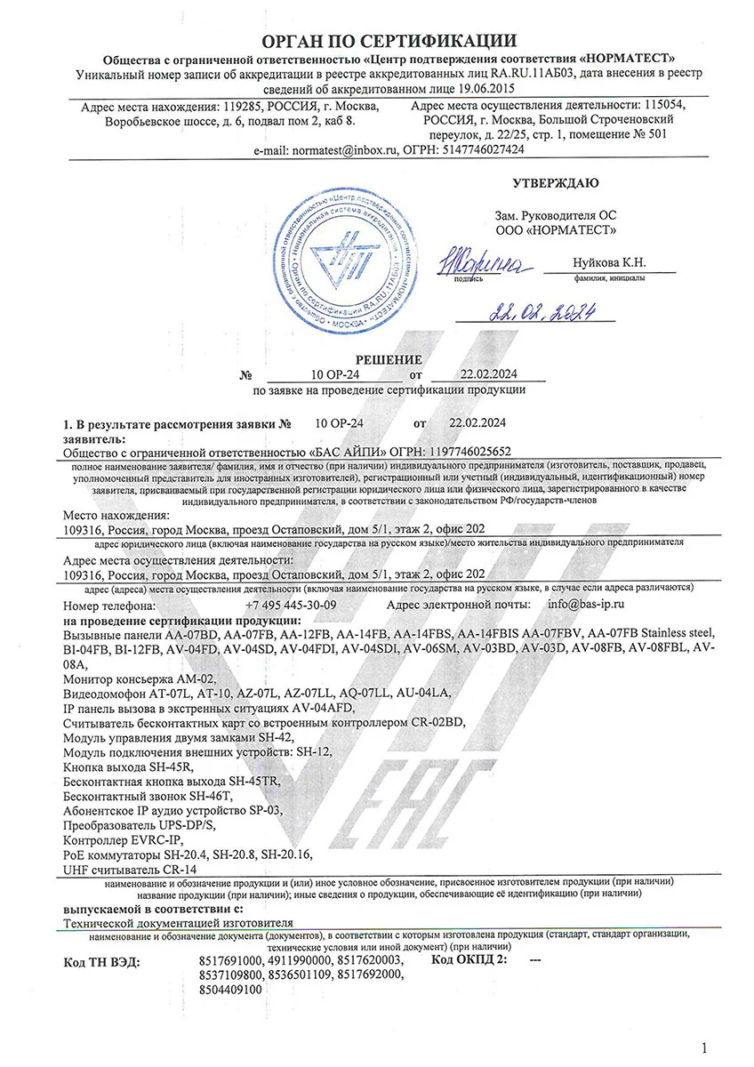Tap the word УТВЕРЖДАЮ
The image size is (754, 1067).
click(x=556, y=183)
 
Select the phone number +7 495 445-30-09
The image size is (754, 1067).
click(x=290, y=605)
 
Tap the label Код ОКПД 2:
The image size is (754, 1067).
click(x=469, y=962)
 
